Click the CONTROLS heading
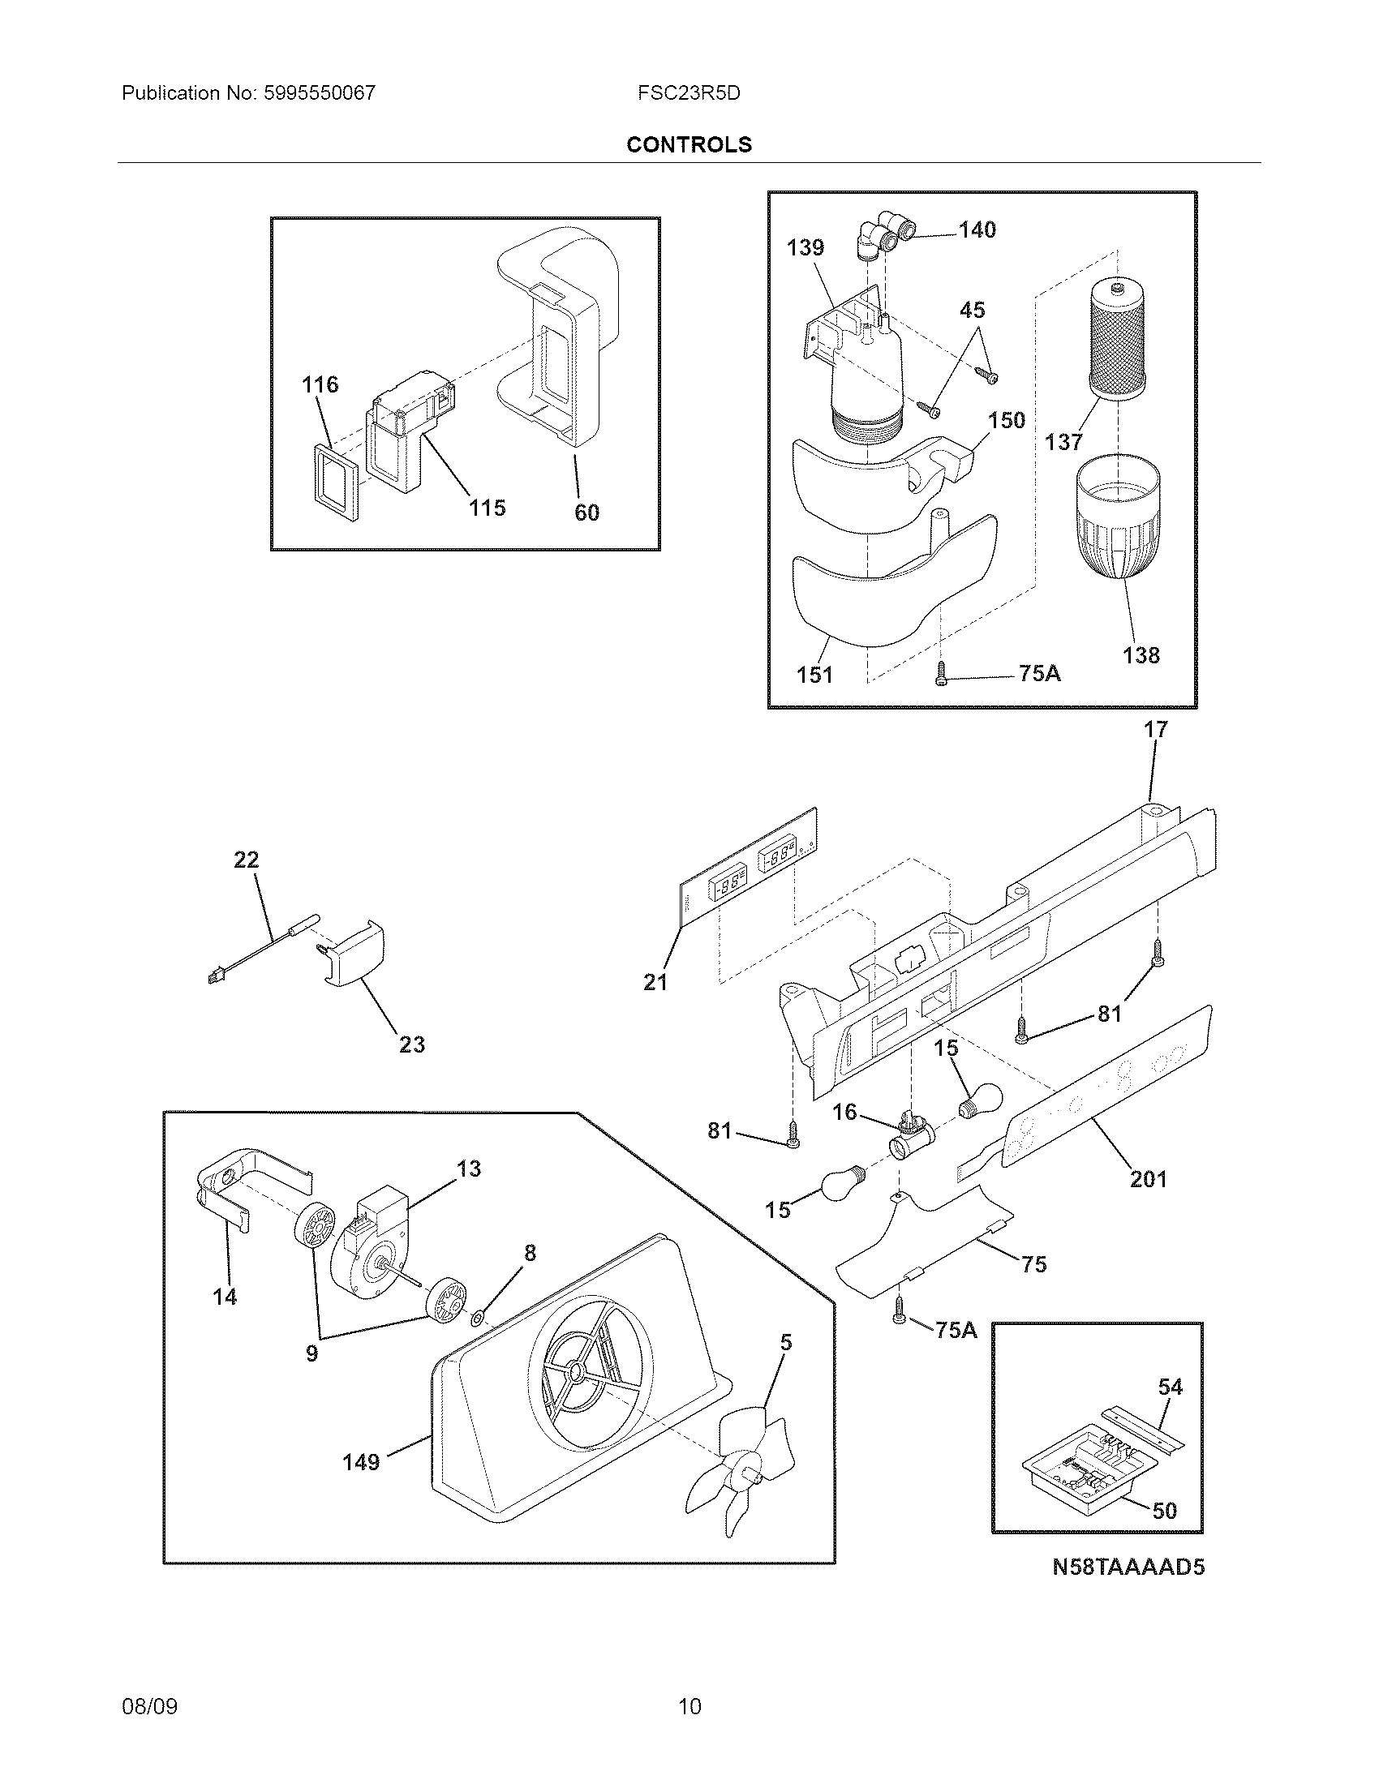[x=689, y=144]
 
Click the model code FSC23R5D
[x=689, y=93]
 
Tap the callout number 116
[x=320, y=384]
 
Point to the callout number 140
[x=977, y=230]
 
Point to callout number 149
[x=361, y=1461]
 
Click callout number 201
[x=1148, y=1179]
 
